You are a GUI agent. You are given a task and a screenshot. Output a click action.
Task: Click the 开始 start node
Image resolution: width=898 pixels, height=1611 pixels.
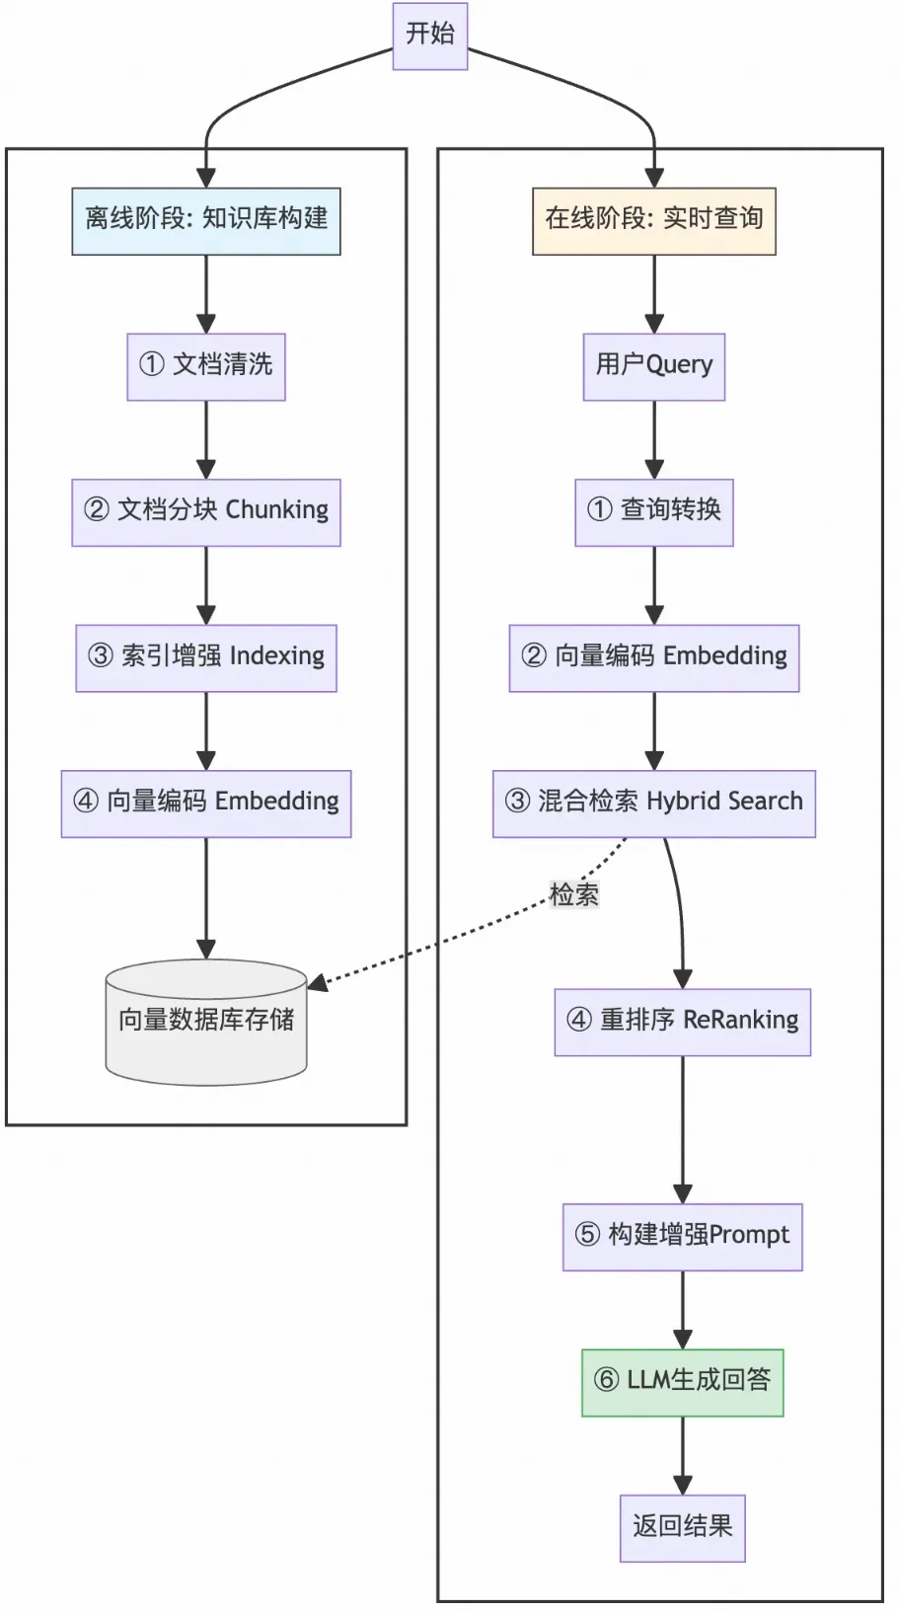429,36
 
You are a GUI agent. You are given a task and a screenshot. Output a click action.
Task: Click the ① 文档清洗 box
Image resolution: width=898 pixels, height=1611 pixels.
206,366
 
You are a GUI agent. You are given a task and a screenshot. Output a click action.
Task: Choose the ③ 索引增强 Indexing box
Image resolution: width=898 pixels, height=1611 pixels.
206,657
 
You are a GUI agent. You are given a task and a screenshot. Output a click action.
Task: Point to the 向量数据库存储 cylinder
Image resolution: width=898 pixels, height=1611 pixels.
206,1022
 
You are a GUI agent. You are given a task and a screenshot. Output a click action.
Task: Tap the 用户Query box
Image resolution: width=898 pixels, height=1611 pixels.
653,366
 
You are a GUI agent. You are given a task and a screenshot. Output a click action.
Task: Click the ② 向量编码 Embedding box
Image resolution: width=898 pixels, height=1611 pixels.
653,657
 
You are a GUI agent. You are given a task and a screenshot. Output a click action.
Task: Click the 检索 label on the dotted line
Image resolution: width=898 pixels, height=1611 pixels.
573,894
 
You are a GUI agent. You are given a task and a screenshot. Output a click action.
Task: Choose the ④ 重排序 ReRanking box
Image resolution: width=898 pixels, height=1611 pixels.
682,1022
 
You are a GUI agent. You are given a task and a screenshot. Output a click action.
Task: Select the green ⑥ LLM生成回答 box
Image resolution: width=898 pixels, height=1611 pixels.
682,1382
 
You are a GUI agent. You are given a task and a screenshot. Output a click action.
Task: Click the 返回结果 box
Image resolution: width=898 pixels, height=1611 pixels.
682,1528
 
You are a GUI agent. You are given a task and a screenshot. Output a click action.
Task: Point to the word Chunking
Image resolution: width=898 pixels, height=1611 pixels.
276,510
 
